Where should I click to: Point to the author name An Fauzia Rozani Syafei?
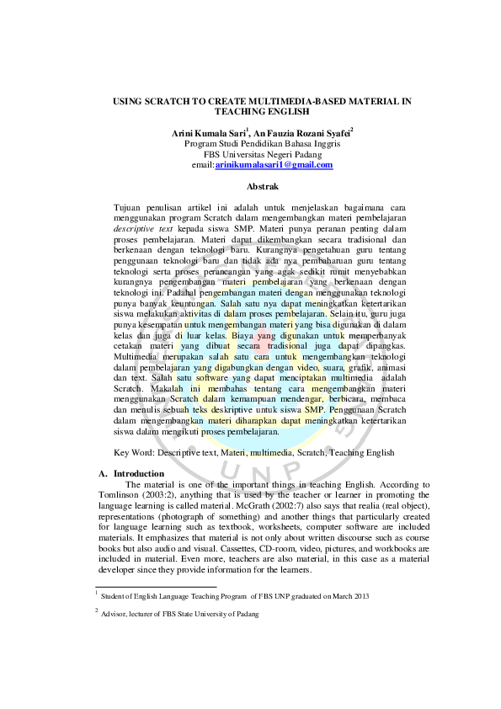coord(304,133)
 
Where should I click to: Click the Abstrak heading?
coord(261,185)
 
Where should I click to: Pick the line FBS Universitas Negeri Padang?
coord(262,154)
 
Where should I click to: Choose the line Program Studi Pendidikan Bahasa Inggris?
coord(262,144)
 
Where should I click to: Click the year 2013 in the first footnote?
coord(360,596)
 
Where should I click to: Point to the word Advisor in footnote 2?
coord(115,614)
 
